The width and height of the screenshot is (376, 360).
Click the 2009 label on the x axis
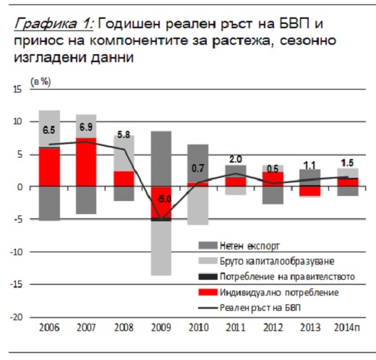161,327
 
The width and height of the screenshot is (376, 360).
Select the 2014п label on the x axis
347,327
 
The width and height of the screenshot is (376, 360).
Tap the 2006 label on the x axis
49,327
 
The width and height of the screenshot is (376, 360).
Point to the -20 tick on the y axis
16,317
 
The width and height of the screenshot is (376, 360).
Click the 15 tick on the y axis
17,90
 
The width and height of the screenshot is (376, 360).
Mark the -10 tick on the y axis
16,252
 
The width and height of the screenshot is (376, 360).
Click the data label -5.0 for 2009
164,200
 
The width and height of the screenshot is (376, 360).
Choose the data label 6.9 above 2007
86,127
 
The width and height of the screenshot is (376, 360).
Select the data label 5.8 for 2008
124,134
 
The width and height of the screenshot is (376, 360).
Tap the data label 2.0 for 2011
235,159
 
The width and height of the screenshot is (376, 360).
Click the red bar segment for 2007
86,162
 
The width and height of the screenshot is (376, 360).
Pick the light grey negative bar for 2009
161,248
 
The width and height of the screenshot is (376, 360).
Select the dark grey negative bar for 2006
50,204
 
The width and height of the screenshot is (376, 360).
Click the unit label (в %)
40,82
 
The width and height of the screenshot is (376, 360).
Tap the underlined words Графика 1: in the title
54,24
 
